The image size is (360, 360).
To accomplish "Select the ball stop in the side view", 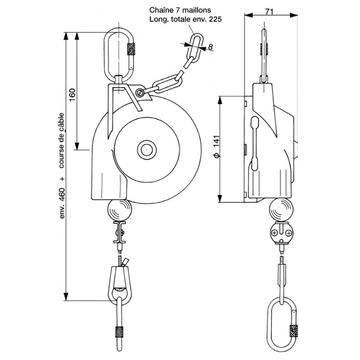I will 280,210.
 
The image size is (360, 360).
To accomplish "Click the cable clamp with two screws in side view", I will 280,233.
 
